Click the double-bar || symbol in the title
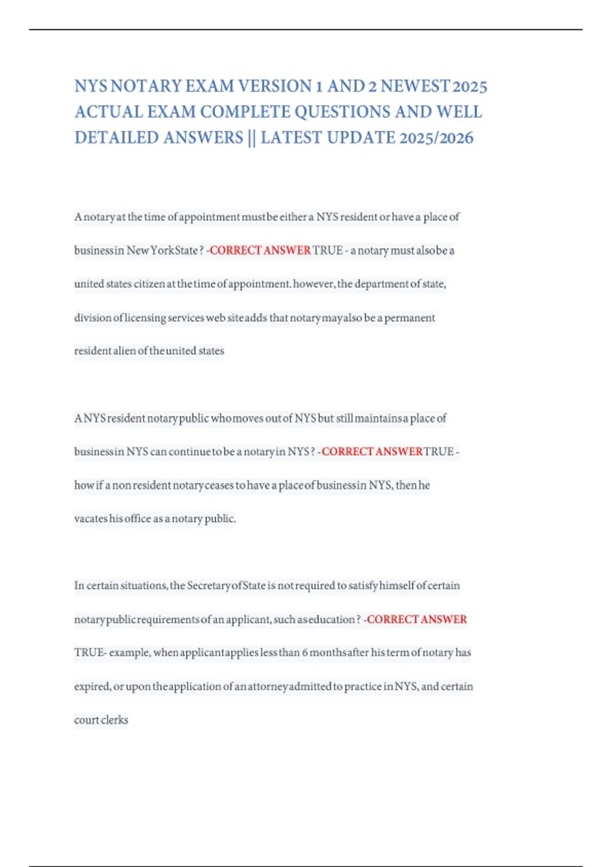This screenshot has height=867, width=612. click(x=251, y=138)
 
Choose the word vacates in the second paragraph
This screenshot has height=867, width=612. click(x=91, y=519)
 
